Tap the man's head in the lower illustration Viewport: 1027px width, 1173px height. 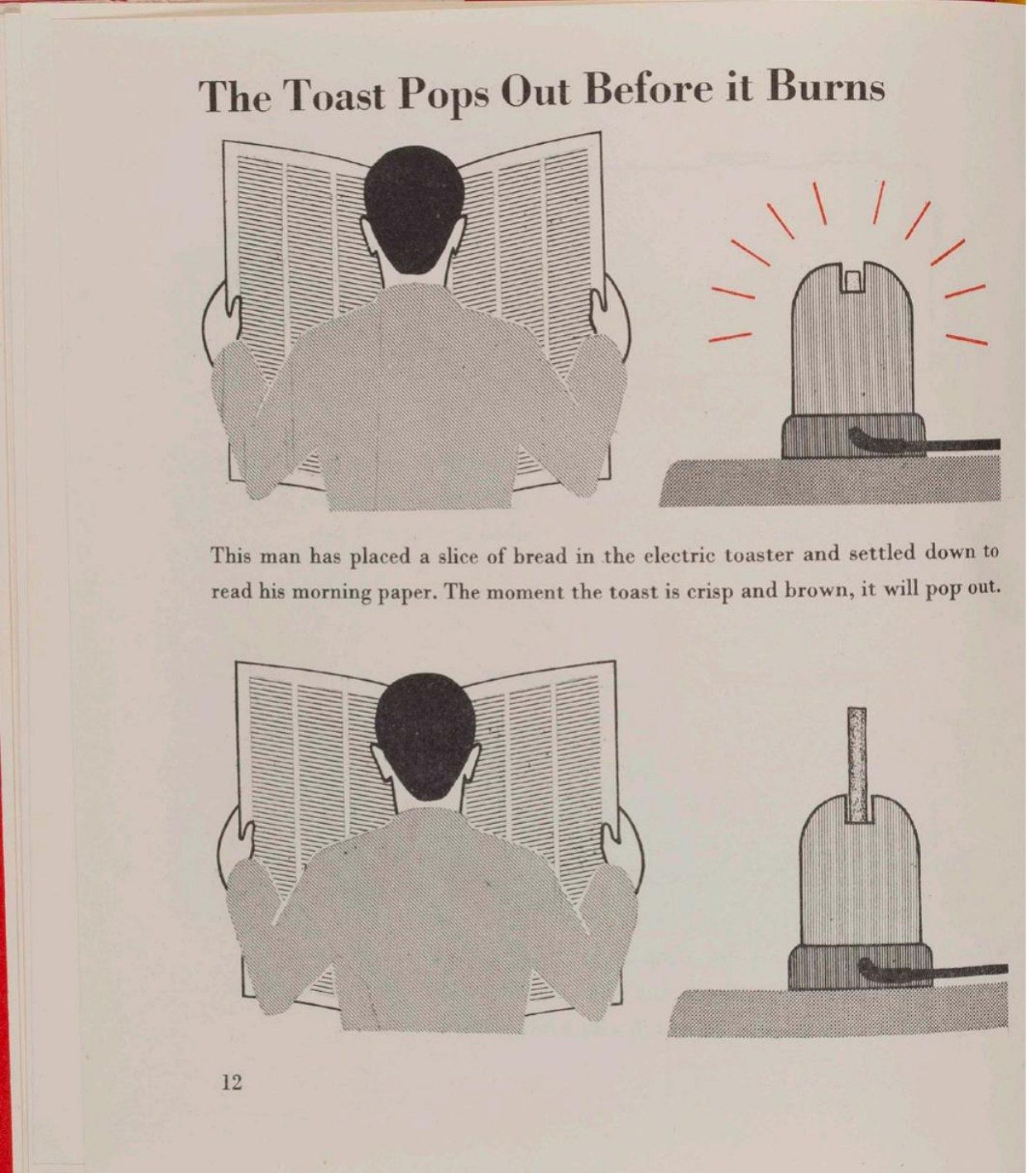click(427, 736)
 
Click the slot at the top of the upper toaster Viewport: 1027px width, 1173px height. click(855, 277)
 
